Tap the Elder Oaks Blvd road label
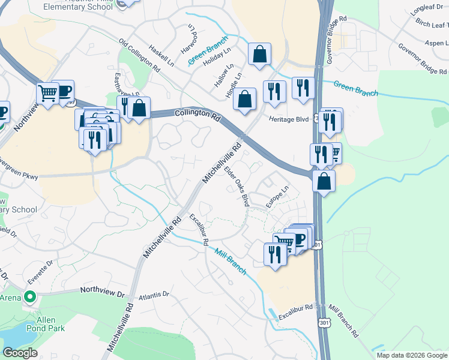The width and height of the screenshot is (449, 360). [237, 186]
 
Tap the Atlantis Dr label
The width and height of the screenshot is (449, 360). [153, 295]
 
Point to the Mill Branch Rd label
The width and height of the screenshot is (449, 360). [343, 321]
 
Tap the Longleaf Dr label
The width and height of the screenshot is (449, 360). [426, 11]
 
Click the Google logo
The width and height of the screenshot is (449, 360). [19, 353]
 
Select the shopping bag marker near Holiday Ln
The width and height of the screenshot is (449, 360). [259, 55]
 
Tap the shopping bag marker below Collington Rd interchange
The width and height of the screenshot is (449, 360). [324, 181]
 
